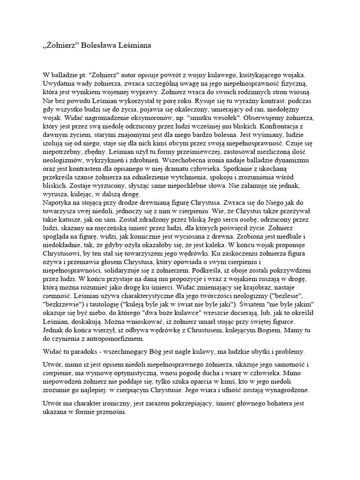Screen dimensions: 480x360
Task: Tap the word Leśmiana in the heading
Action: coord(136,45)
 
